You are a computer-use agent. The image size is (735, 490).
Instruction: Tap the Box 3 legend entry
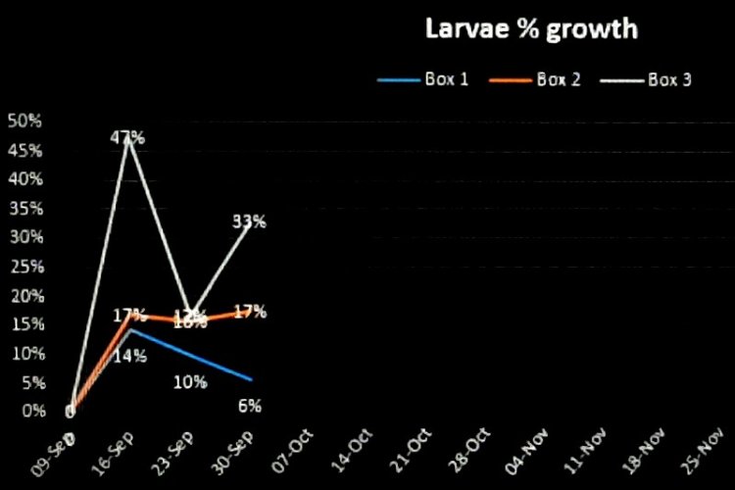pos(670,79)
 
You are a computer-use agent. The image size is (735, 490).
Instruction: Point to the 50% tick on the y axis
pos(24,121)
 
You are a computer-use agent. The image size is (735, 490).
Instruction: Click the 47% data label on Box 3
pos(127,138)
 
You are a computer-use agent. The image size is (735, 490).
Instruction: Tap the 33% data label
pos(249,221)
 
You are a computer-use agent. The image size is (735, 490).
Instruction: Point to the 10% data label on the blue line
pos(190,382)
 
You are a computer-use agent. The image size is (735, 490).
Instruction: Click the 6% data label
pos(249,406)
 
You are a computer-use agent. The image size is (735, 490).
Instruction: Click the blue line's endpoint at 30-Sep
pos(252,379)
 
